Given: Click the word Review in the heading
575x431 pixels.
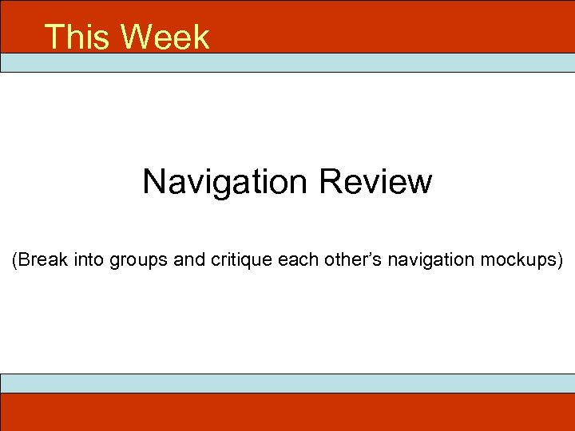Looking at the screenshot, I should (x=375, y=182).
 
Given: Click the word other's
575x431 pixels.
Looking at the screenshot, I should (x=351, y=260).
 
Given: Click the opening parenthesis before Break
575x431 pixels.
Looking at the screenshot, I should (x=14, y=261).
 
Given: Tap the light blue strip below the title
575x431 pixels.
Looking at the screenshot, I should (x=287, y=63).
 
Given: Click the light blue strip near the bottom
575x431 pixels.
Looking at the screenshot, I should (x=287, y=383).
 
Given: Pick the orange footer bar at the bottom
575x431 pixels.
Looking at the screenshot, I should (x=287, y=412).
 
